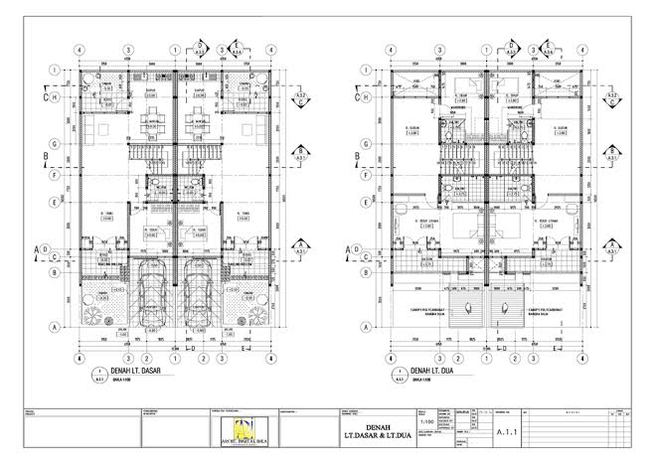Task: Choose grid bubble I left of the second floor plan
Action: (x=367, y=71)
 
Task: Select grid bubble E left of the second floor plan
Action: (x=367, y=203)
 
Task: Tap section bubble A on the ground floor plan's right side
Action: (x=302, y=249)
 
